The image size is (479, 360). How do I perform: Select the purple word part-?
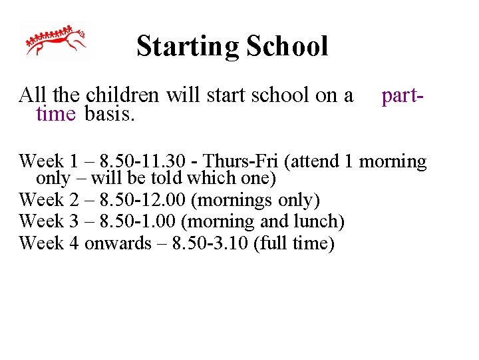point(402,96)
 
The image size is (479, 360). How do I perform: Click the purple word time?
point(56,114)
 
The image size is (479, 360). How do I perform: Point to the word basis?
point(110,114)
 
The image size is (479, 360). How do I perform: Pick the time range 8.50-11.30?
point(144,161)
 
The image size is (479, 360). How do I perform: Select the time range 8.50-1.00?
point(141,221)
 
